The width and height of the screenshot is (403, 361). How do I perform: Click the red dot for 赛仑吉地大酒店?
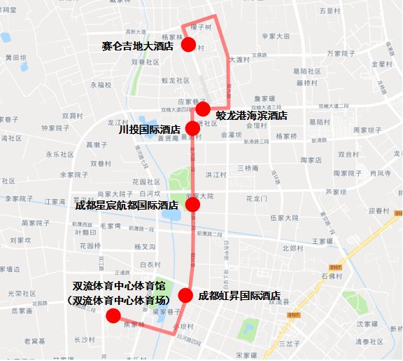pos(188,46)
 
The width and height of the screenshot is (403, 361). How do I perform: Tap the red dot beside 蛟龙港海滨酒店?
pos(203,109)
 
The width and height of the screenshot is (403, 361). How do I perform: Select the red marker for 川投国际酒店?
pos(193,128)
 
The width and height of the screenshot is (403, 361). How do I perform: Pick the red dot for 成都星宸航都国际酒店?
pos(193,205)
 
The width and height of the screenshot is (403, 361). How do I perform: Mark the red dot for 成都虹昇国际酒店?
pos(185,296)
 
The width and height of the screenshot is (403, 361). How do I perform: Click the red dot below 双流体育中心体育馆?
pos(113,316)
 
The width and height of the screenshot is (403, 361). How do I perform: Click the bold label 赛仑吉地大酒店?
pos(137,46)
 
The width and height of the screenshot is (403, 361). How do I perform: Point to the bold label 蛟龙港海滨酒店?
pos(252,115)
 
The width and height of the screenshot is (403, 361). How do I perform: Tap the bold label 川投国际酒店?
pos(150,129)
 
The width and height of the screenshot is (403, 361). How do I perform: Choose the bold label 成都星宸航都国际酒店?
pos(127,205)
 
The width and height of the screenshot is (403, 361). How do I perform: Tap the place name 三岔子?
pos(289,343)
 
